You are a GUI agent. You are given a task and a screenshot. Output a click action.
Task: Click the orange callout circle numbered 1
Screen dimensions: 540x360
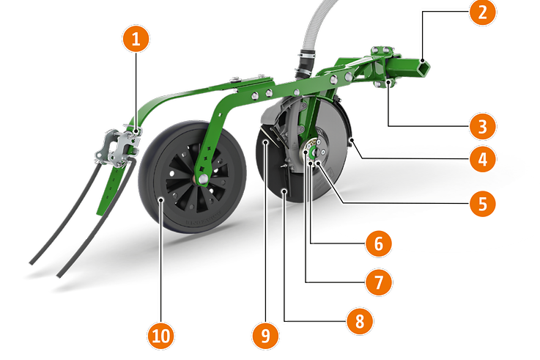coord(136,39)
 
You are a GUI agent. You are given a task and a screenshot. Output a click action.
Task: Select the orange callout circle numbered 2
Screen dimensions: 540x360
coord(483,12)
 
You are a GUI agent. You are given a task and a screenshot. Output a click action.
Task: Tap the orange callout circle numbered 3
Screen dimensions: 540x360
coord(483,126)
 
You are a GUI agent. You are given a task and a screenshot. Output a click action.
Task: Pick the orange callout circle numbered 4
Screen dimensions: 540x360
coord(483,159)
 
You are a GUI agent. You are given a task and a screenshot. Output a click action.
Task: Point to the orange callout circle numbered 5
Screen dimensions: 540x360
coord(483,203)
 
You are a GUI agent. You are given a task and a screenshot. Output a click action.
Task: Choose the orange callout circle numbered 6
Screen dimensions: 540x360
coord(378,243)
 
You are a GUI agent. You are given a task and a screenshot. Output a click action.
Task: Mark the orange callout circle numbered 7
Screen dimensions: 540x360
coord(378,282)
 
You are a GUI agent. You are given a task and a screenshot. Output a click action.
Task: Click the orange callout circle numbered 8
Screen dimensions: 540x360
coord(360,321)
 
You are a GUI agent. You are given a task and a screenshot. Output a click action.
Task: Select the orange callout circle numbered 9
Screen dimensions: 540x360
coord(265,335)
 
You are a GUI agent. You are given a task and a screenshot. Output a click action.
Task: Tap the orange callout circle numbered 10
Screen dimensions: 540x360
coord(161,335)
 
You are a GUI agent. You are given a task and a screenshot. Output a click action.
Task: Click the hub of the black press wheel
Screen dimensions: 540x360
coord(202,178)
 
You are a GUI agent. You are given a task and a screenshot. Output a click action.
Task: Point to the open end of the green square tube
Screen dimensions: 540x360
coord(423,67)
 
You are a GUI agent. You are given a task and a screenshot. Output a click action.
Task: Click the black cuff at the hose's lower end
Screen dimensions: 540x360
coord(306,63)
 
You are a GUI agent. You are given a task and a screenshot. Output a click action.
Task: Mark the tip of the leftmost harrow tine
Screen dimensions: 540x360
coord(31,263)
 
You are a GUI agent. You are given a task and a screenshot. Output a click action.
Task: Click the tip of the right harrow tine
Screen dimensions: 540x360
coord(59,276)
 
